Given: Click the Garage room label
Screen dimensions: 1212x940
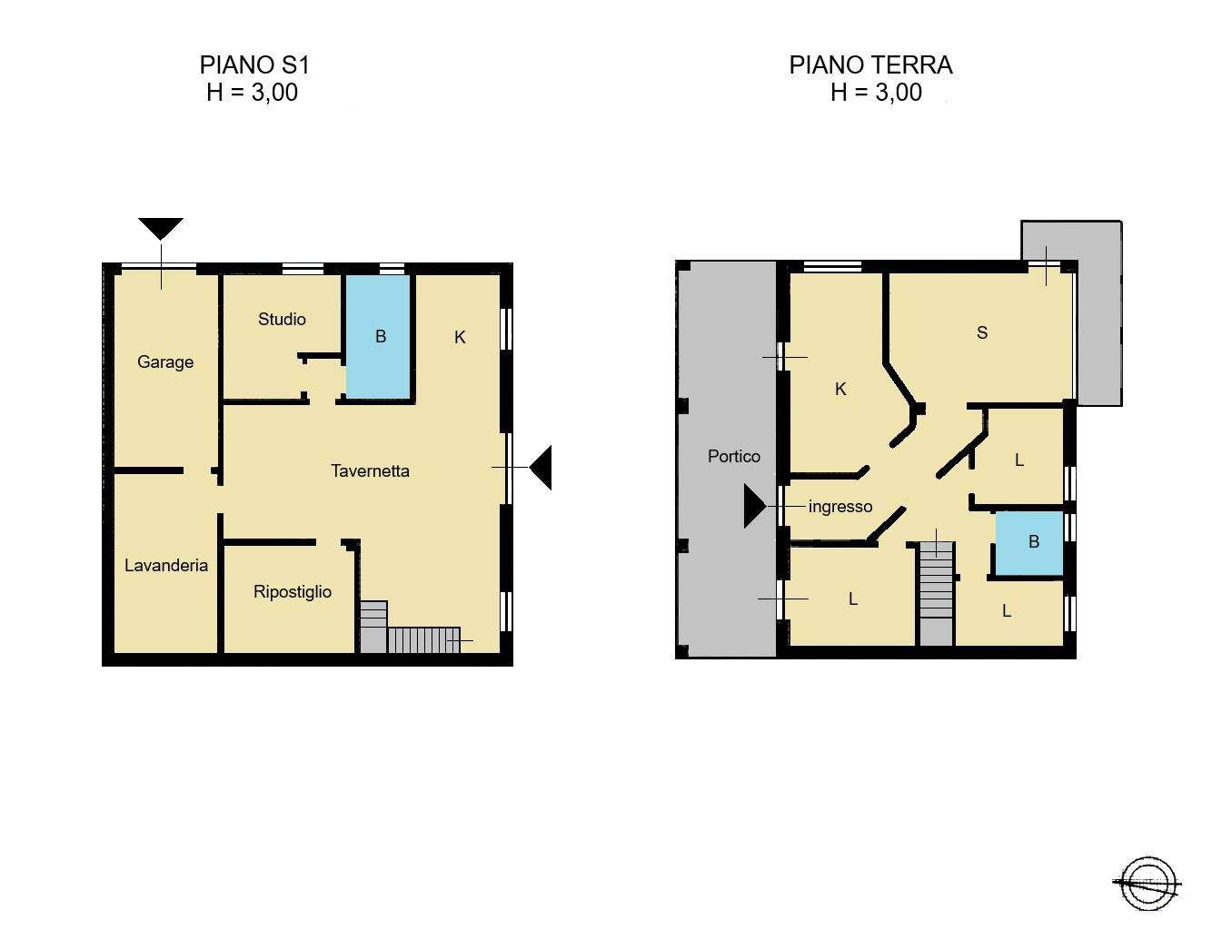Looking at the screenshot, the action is (x=165, y=362).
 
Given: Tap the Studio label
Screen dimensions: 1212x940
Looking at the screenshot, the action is (x=282, y=320).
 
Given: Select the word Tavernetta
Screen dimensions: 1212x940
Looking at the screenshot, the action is (x=370, y=471).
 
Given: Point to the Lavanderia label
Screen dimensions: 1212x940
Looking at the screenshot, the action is (x=165, y=565).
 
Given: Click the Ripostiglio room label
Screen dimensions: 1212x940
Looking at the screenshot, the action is (x=293, y=591).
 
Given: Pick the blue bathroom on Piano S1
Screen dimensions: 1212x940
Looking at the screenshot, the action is (x=379, y=337).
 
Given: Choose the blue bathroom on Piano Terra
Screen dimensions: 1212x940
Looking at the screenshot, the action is (x=1029, y=544).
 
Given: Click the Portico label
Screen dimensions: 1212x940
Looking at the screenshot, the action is (x=733, y=457).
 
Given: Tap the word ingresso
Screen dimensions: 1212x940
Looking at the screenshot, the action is (x=840, y=508).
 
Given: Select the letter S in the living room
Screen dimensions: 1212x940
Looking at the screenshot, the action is (x=982, y=332).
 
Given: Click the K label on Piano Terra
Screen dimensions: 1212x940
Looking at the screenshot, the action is (x=840, y=389).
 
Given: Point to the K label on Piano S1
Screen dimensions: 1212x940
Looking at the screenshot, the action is (x=460, y=337).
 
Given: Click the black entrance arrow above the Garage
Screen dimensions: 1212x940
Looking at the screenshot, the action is (x=161, y=229).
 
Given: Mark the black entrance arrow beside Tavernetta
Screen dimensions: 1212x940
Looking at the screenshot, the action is (x=541, y=467).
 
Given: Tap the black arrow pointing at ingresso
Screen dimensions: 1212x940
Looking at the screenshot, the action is (x=755, y=506).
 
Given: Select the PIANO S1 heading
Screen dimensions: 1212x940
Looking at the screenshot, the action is (x=254, y=65).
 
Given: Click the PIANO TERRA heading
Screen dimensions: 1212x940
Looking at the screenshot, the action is (x=870, y=65).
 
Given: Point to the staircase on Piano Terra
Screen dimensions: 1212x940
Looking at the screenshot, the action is (x=936, y=594).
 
